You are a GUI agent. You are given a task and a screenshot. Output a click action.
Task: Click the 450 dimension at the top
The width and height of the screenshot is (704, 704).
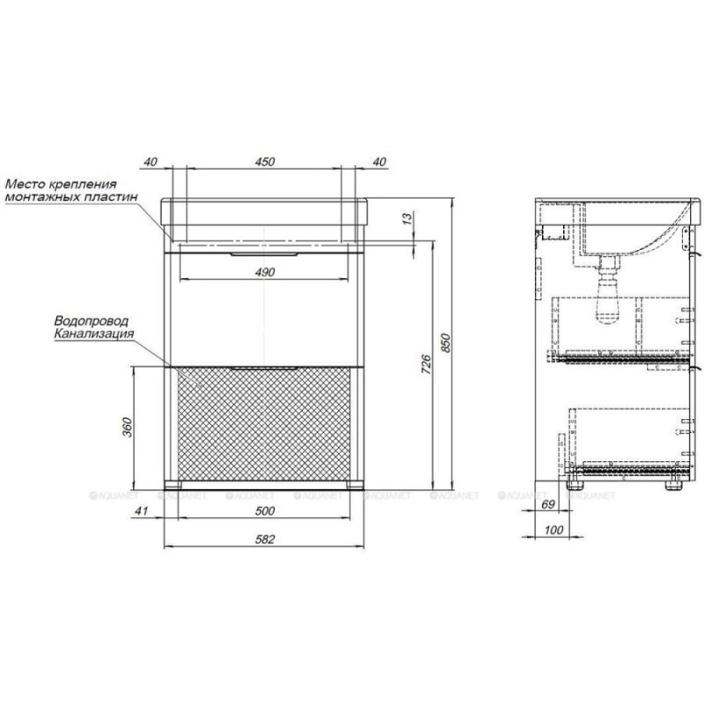(265, 162)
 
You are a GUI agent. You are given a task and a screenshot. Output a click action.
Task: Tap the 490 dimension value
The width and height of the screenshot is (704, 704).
(265, 272)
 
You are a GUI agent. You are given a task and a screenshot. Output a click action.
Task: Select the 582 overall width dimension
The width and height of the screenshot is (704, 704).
(265, 539)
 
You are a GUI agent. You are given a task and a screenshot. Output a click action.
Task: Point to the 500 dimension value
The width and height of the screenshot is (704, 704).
(265, 511)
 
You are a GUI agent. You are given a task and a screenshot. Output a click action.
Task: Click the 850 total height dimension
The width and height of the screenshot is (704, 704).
(445, 342)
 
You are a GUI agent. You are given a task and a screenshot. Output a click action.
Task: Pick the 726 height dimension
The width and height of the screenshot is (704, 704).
(427, 364)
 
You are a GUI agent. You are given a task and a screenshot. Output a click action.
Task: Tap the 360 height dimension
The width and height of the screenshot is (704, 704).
(128, 427)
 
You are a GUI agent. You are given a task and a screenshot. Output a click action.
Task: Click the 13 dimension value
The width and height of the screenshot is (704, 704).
(407, 218)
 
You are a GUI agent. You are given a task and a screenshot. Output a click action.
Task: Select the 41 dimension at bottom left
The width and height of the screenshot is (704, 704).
(142, 511)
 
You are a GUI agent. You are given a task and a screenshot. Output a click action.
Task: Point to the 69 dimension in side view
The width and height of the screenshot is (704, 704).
(547, 504)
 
